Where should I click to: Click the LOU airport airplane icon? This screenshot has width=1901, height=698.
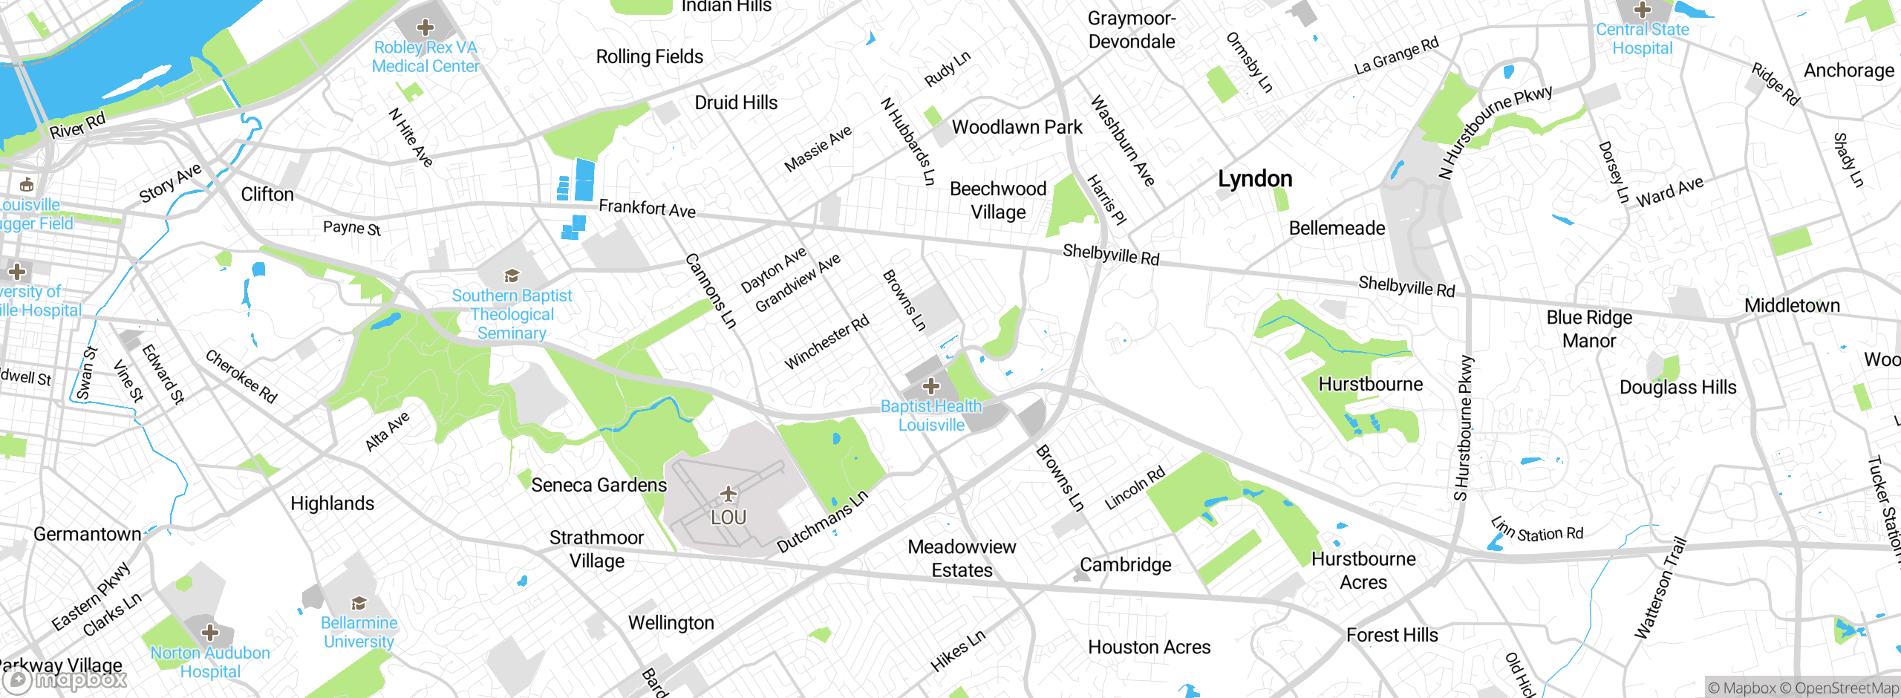click(x=728, y=494)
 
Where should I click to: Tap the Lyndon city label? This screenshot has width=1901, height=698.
click(x=1255, y=179)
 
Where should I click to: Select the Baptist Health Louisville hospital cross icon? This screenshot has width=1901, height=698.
click(x=931, y=386)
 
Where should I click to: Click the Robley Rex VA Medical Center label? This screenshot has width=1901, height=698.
click(x=425, y=57)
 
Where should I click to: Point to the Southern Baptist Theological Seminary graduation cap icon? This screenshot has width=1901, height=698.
click(x=512, y=277)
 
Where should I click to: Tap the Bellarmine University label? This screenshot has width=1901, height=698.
click(x=359, y=632)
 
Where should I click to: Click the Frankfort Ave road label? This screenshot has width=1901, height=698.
click(x=647, y=208)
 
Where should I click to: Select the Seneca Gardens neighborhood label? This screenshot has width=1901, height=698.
click(x=599, y=485)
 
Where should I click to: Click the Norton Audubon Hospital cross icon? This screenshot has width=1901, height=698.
click(x=210, y=633)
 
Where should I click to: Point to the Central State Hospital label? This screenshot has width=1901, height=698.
click(x=1643, y=39)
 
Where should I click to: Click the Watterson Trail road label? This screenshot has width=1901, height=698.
click(x=1660, y=588)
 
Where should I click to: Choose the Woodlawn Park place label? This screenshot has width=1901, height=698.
click(x=1017, y=127)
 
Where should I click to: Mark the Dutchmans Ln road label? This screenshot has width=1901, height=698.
click(x=822, y=523)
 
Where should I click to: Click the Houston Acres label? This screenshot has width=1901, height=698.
click(x=1149, y=648)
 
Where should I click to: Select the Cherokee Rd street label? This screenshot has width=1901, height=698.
click(x=241, y=376)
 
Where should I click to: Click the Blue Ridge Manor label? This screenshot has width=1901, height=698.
click(x=1589, y=329)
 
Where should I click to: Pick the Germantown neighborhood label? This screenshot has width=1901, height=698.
click(x=87, y=534)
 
